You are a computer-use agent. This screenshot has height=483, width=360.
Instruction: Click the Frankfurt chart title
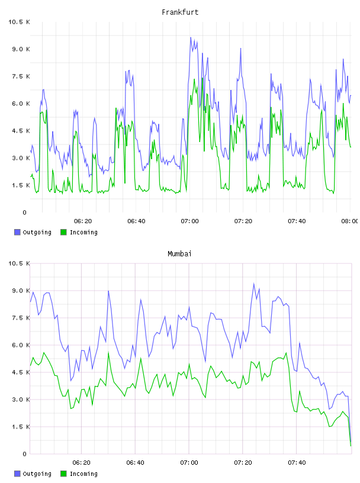click(180, 12)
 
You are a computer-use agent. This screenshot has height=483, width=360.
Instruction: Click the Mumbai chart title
click(179, 254)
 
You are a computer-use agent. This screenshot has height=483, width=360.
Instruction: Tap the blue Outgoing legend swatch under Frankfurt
click(17, 232)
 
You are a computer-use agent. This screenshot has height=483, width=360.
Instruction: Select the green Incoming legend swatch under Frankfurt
click(63, 232)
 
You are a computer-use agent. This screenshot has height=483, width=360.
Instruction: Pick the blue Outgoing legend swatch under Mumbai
click(17, 474)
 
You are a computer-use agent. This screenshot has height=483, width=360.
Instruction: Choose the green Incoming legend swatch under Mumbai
click(63, 474)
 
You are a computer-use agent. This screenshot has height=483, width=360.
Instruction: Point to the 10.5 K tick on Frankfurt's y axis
click(19, 22)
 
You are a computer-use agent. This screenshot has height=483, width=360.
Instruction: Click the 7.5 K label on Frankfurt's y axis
click(21, 76)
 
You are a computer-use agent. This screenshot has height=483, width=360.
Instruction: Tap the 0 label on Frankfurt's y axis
click(25, 212)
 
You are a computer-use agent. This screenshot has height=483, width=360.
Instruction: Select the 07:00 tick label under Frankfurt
click(189, 221)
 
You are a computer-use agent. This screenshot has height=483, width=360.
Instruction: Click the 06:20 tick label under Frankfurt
click(83, 221)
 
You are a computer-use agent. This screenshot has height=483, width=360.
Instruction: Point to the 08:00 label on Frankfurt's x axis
click(349, 221)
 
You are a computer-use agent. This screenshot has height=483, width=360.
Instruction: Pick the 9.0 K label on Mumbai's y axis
click(21, 291)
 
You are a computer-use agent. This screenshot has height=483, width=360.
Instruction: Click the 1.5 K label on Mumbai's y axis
click(21, 427)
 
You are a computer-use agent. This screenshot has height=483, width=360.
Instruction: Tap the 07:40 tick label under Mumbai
click(297, 463)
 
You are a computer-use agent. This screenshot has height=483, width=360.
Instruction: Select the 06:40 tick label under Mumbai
click(136, 463)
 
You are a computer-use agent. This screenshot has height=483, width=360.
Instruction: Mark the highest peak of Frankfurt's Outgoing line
click(191, 37)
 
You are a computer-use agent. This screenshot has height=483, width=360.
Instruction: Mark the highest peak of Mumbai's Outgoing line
click(254, 284)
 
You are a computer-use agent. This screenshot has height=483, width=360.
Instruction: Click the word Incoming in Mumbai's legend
click(83, 474)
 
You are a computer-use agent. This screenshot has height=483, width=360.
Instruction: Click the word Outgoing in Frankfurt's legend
click(37, 233)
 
